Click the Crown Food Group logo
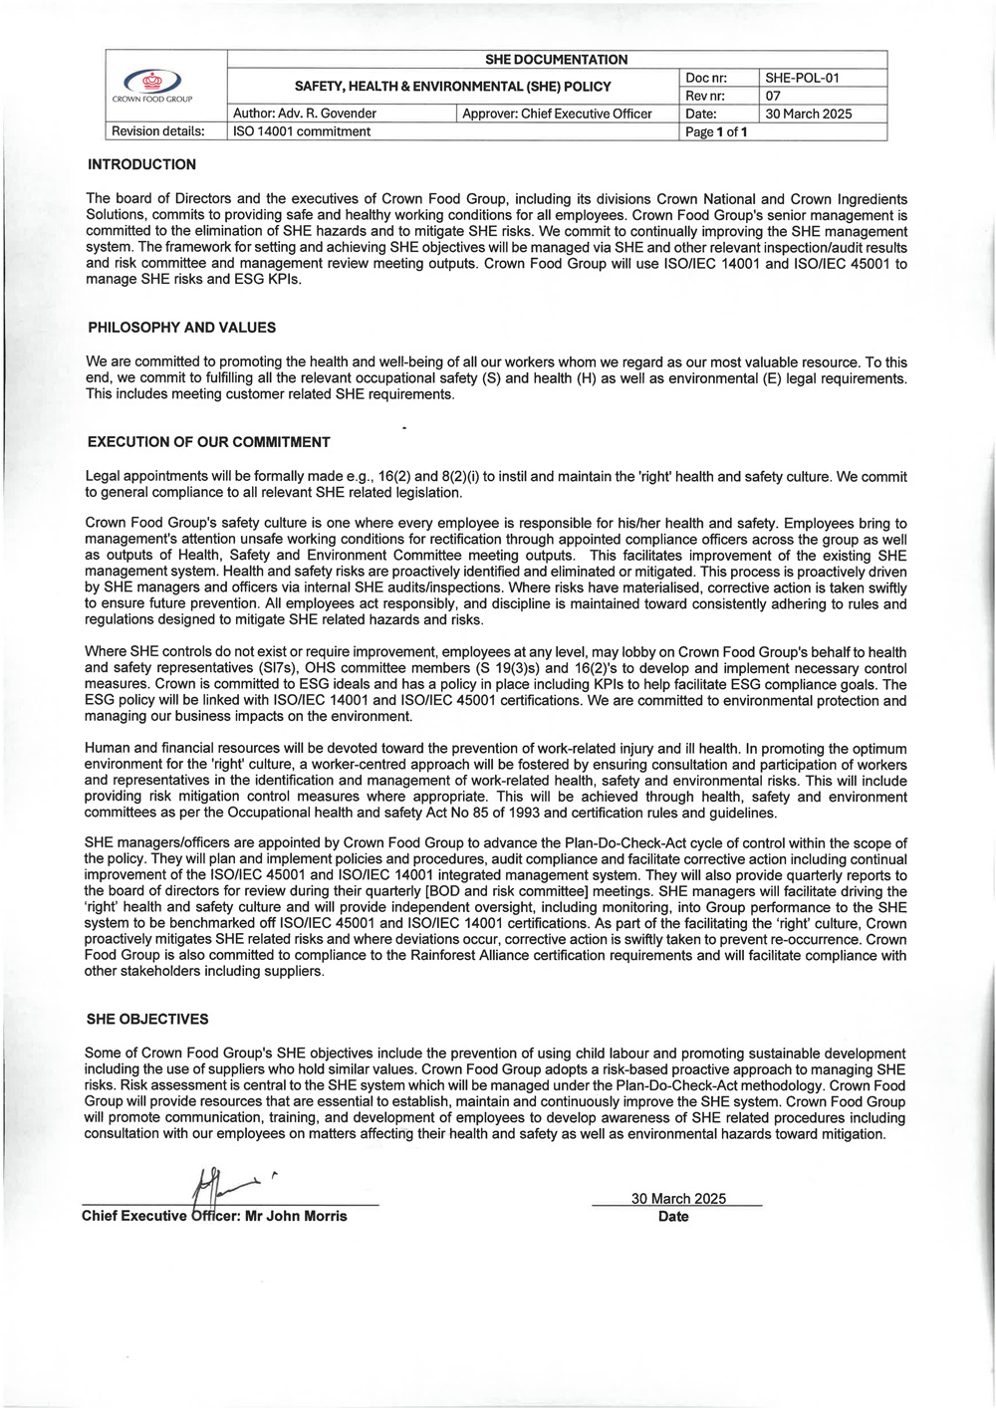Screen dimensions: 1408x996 pos(151,84)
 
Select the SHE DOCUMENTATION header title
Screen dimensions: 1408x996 pos(556,60)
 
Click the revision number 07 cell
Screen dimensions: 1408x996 pos(774,96)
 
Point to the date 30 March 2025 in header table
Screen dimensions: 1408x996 pos(809,114)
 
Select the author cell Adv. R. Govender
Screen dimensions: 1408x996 pos(305,114)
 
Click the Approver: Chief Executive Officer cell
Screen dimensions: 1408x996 pos(558,114)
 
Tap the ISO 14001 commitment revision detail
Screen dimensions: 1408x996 pos(302,131)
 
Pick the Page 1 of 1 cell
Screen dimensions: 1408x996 pos(716,132)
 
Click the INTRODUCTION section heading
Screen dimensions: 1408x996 pos(141,164)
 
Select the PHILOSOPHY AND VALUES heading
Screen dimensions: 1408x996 pos(181,328)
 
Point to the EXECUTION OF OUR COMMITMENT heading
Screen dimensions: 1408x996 pos(208,442)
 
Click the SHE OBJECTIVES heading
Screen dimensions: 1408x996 pos(147,1019)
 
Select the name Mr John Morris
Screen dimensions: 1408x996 pos(296,1216)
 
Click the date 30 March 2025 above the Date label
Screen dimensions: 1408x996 pos(678,1198)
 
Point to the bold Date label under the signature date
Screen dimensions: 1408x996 pos(673,1216)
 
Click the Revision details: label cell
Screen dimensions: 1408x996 pos(158,131)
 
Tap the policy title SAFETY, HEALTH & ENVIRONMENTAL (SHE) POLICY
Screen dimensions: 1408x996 pos(453,87)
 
